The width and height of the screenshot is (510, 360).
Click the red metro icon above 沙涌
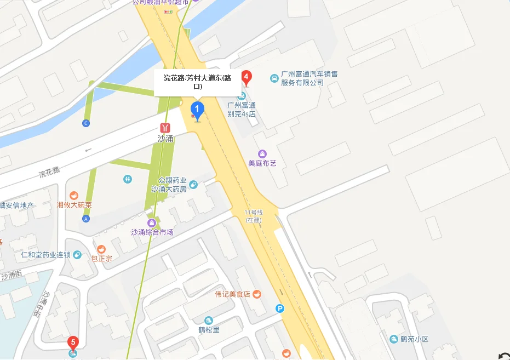[165, 128]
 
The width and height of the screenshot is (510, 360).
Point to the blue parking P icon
[280, 308]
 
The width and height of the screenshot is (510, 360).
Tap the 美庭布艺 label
[262, 163]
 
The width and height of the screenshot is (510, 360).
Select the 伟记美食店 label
[233, 294]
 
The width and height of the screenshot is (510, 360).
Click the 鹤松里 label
[209, 330]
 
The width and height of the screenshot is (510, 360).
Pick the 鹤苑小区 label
[414, 339]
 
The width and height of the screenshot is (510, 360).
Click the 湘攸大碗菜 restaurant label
[74, 205]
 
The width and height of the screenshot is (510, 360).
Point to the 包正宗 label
[101, 259]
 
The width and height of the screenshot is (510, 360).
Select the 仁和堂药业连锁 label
[46, 255]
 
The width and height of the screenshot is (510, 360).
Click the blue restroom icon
[128, 179]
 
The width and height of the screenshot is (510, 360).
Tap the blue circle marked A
[85, 219]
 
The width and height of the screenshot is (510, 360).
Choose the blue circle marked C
[85, 123]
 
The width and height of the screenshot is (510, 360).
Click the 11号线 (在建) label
[254, 216]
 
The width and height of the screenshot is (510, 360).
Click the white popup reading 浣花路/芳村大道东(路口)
[197, 82]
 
